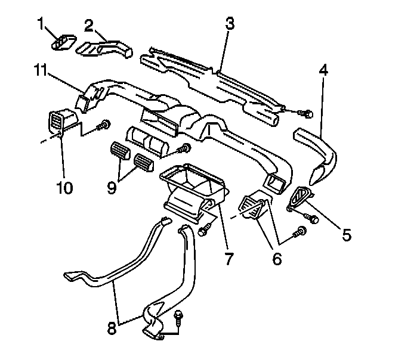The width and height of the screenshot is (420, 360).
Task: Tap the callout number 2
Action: pyautogui.click(x=89, y=25)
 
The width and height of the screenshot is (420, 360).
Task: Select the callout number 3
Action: pyautogui.click(x=229, y=24)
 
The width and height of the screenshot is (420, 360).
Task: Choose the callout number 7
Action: pyautogui.click(x=228, y=259)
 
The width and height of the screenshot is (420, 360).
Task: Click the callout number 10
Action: pyautogui.click(x=64, y=188)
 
